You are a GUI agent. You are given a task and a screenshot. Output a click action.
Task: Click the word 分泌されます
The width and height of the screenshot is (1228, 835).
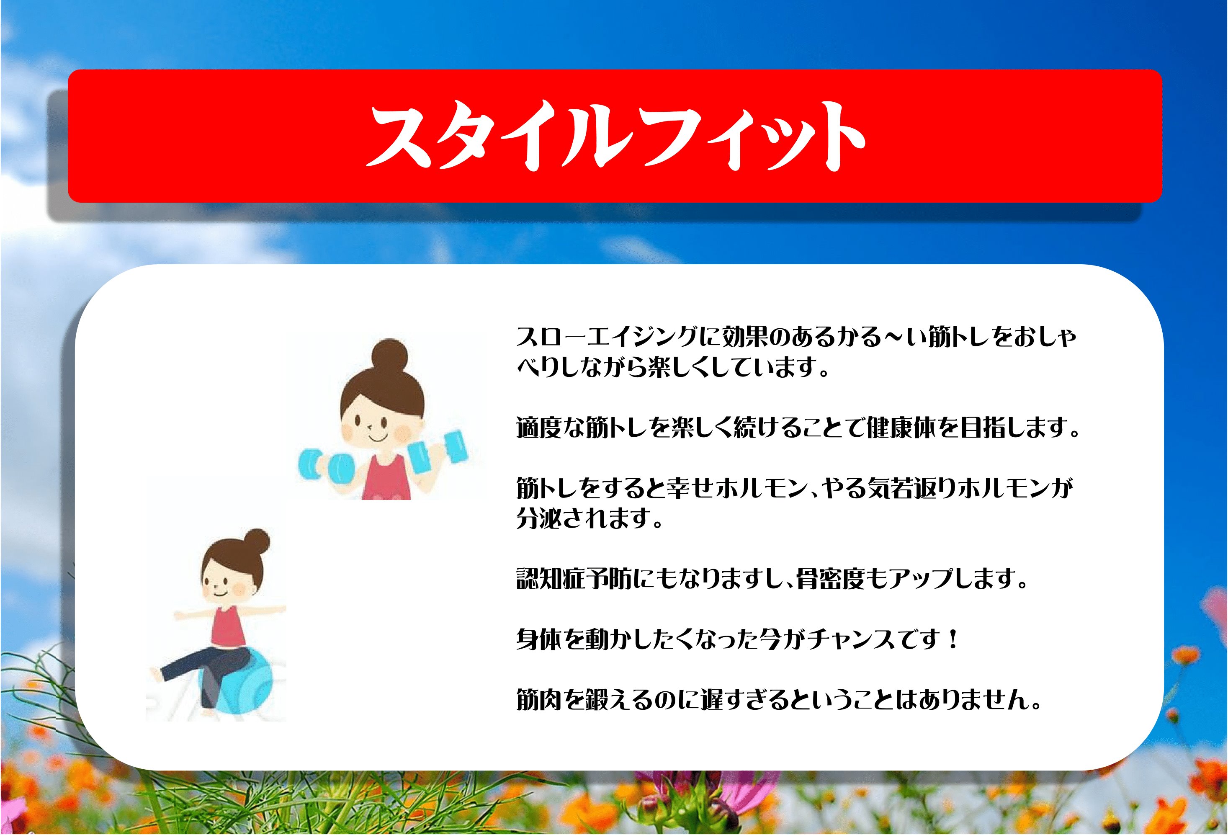coord(589,518)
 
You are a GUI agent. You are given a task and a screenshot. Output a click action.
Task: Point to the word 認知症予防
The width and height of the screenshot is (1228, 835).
coord(574,579)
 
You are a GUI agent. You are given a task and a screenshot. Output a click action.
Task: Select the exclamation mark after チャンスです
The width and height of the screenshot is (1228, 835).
coord(953,639)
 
